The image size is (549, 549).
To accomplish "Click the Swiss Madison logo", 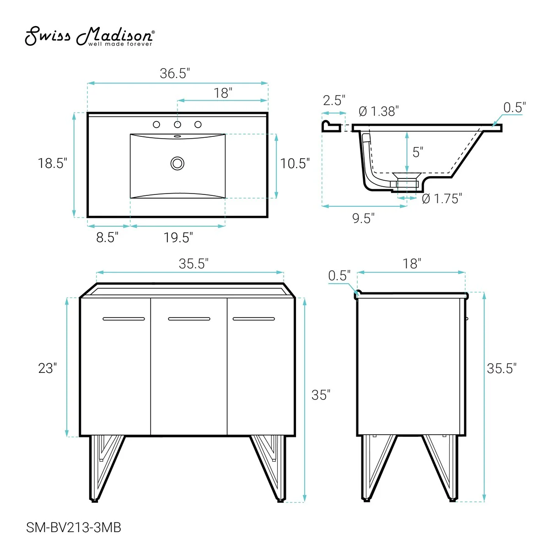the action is click(x=90, y=37).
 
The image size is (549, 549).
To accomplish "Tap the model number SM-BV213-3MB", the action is click(x=74, y=527).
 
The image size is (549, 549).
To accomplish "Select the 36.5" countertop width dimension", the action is click(x=175, y=73).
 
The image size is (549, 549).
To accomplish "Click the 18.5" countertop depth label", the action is click(x=53, y=163).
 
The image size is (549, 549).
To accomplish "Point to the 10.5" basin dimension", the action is click(x=295, y=163).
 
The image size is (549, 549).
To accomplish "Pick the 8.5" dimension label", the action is click(x=107, y=237).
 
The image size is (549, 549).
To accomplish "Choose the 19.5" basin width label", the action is click(x=178, y=237).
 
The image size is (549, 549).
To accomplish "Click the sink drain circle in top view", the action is click(x=178, y=163).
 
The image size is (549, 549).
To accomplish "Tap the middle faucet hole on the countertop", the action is click(x=178, y=124).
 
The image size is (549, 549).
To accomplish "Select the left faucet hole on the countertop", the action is click(x=156, y=124).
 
